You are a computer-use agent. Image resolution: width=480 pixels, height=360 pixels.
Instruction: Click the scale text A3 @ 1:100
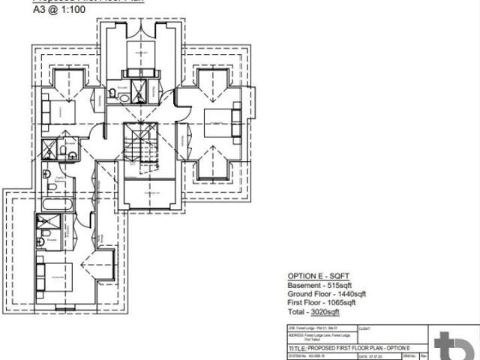64,10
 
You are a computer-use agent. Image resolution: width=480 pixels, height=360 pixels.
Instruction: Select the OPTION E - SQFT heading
319,276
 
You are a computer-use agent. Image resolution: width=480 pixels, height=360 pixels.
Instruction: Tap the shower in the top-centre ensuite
140,89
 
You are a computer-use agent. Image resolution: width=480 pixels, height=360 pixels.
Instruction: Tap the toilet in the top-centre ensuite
115,92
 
